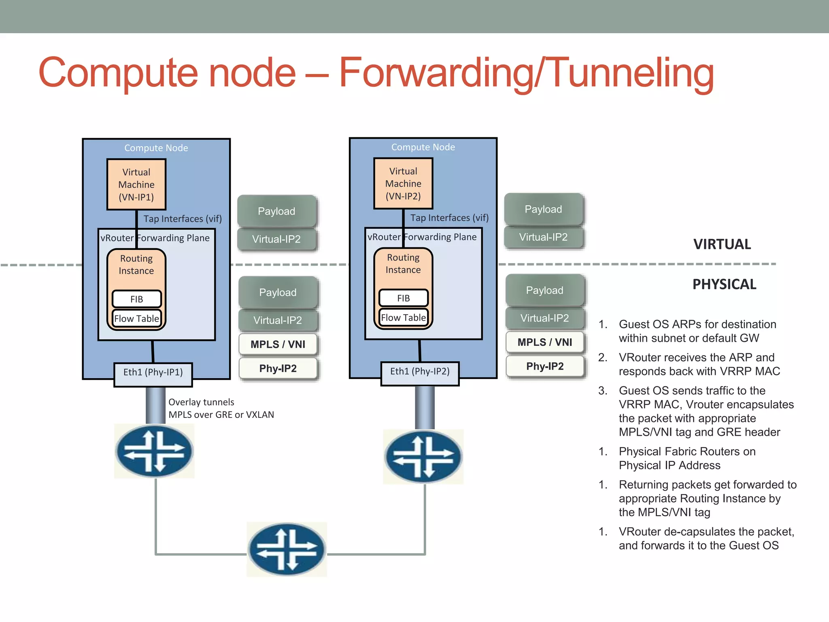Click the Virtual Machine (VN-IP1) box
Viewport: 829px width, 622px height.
(x=136, y=185)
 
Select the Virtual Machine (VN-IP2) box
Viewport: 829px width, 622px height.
(x=403, y=183)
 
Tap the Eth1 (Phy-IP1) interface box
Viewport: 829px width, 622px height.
(x=153, y=372)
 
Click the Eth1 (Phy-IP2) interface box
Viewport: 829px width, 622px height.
(x=420, y=371)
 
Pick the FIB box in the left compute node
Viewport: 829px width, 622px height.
(x=137, y=299)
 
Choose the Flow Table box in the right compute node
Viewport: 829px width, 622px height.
(x=403, y=318)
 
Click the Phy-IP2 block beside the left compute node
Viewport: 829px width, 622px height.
(x=278, y=369)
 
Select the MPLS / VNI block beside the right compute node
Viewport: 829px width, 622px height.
(x=545, y=342)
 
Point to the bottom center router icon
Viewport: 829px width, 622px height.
(x=287, y=550)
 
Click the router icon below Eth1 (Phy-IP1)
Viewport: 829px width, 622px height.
(x=154, y=451)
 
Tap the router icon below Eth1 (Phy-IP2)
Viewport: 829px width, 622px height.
(x=423, y=457)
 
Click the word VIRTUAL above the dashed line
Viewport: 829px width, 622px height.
(x=722, y=245)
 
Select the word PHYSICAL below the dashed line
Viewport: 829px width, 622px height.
(x=724, y=284)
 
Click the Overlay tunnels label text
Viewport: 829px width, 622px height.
(x=201, y=402)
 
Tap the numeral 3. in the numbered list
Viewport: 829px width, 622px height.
(x=603, y=391)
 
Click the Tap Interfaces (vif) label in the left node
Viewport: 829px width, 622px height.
(x=183, y=219)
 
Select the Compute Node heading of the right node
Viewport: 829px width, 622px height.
(x=423, y=147)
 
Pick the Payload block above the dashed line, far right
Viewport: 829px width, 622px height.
(x=543, y=209)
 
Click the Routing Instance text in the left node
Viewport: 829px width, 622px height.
(x=136, y=264)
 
